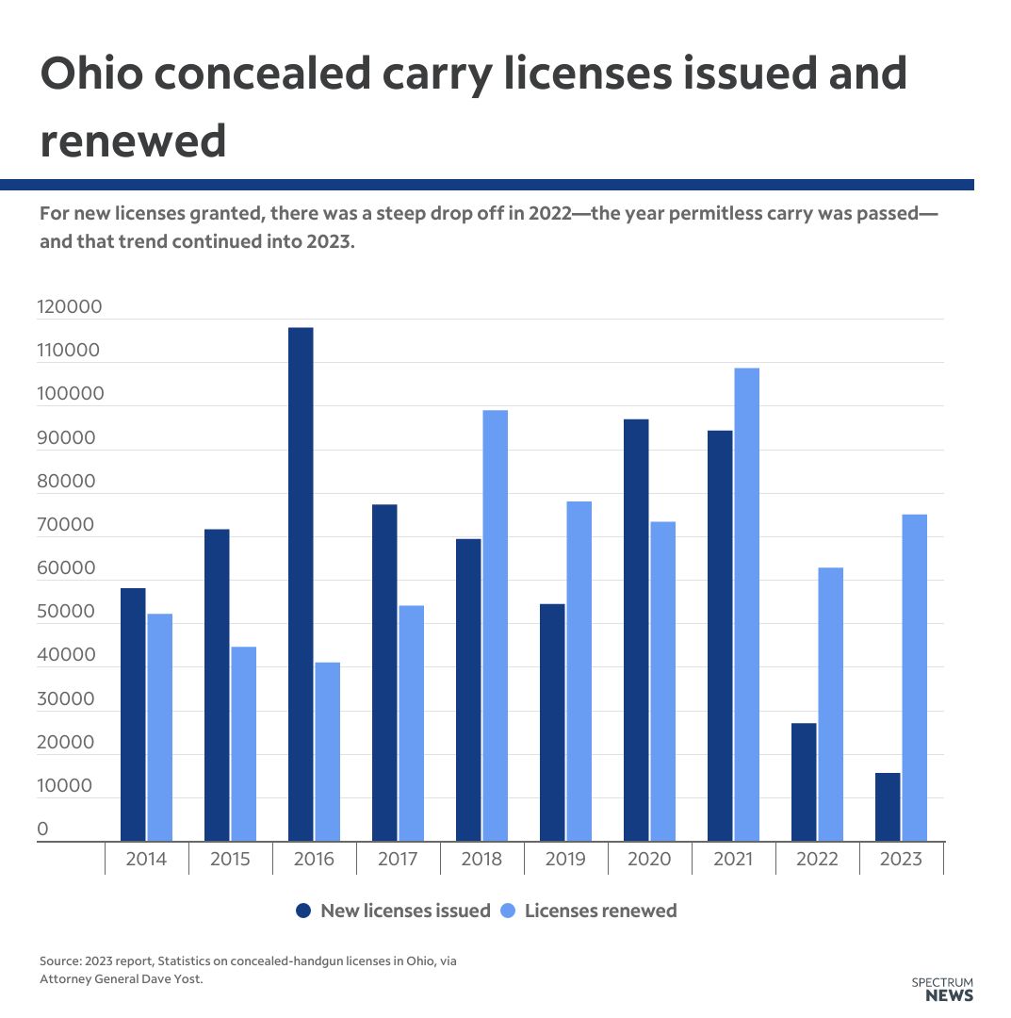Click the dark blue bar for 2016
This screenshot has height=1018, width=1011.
click(301, 584)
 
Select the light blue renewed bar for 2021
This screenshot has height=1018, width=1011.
click(746, 604)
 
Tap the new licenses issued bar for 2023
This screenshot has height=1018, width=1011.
click(888, 807)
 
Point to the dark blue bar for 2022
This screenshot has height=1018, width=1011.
click(804, 781)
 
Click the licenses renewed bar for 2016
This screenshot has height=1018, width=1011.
click(327, 751)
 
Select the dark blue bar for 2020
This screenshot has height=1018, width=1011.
click(636, 630)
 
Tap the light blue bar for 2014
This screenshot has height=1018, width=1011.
click(159, 727)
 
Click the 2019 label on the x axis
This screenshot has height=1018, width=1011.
click(565, 860)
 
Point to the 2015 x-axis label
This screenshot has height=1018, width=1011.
click(230, 860)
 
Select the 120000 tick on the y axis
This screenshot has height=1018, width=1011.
click(69, 307)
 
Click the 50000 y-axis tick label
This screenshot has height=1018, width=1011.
click(65, 612)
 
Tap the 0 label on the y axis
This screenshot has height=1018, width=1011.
click(42, 829)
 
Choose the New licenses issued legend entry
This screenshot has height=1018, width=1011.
click(393, 911)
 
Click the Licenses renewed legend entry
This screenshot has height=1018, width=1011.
click(589, 911)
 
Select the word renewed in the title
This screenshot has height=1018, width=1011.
click(133, 141)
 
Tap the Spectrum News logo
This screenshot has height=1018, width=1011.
click(942, 989)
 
